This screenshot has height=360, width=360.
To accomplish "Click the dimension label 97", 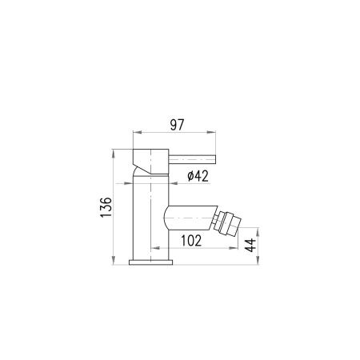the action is [x=178, y=125].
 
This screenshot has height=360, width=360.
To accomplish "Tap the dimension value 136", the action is [x=106, y=207].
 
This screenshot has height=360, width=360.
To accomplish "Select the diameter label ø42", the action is [x=198, y=176].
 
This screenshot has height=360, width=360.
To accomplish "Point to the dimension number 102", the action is [x=191, y=241].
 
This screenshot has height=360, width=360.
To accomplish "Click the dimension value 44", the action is [x=250, y=246].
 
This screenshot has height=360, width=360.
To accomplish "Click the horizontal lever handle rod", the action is [x=192, y=159].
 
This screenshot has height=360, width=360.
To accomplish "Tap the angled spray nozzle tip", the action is [x=227, y=223].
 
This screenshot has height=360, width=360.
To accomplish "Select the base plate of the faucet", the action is [x=150, y=262].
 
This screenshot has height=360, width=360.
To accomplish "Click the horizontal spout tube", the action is [x=190, y=218].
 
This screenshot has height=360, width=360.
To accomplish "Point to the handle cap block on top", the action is [x=150, y=162].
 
